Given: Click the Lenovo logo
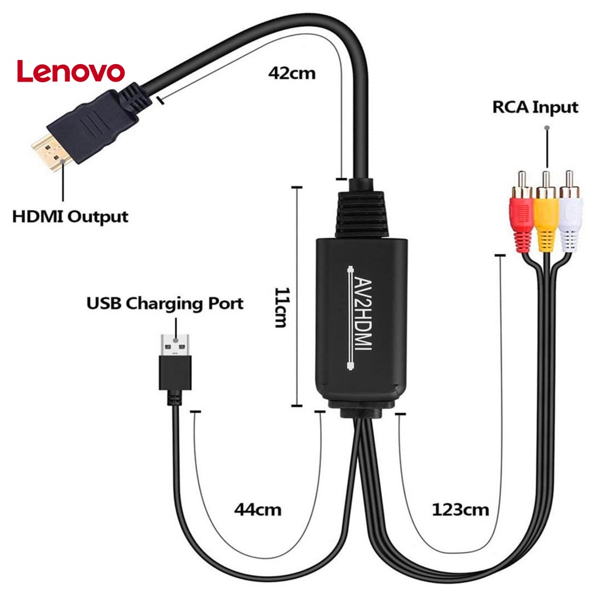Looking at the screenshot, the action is (71, 71).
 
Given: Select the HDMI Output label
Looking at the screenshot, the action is (70, 217).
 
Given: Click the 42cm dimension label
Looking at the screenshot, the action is (292, 73).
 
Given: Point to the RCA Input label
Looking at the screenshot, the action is (535, 107).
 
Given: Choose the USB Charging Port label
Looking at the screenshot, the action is (165, 304).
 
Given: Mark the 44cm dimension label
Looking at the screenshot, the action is (258, 510).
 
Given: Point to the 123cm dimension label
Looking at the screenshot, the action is (460, 510).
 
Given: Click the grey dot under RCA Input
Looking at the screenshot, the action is (547, 127).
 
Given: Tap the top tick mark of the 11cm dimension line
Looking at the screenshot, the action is (297, 188).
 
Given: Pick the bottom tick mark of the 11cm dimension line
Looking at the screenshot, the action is (297, 406).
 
